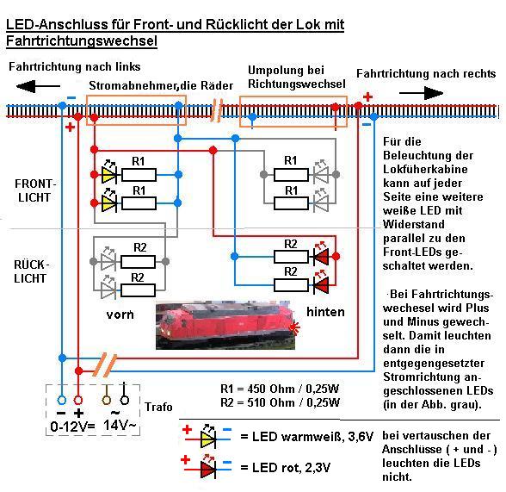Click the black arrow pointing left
tap(38, 86)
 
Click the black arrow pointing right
tap(421, 93)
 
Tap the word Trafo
tap(158, 407)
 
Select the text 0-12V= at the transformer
tap(72, 427)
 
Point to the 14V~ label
tap(120, 425)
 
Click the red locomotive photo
tap(225, 325)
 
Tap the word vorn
tap(120, 315)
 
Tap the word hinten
tap(325, 312)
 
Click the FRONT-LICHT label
tap(34, 190)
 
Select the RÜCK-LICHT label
tap(31, 271)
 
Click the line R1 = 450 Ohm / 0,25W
tap(280, 389)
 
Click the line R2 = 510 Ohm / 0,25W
tap(281, 402)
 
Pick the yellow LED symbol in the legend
tap(208, 439)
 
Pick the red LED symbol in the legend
tap(208, 470)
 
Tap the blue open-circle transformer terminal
tap(62, 401)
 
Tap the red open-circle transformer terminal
tap(78, 401)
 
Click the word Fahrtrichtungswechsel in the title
tap(82, 41)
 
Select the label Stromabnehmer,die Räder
tap(161, 85)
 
